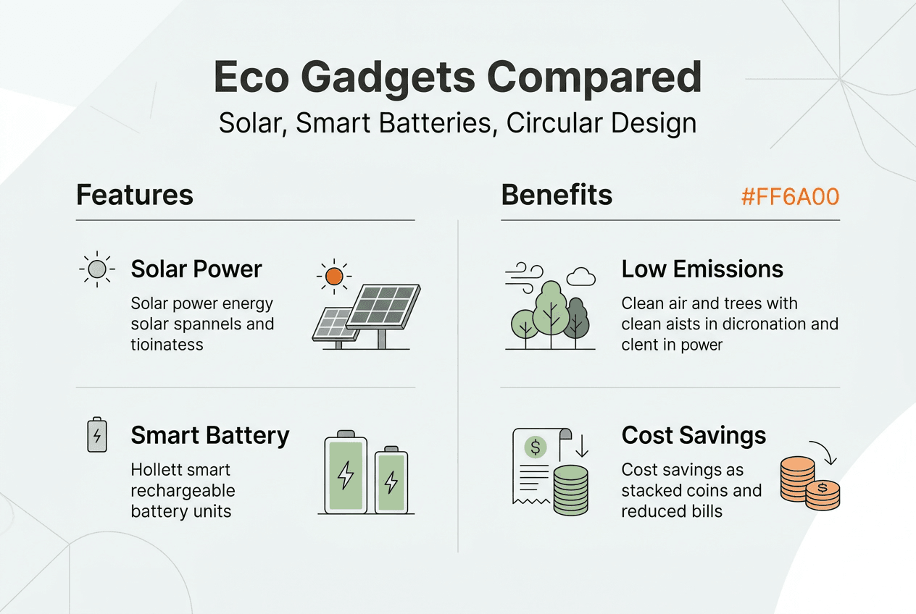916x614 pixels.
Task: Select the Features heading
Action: tap(135, 195)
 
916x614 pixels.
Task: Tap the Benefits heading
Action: tap(557, 195)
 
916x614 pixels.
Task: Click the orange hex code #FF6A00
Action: tap(790, 196)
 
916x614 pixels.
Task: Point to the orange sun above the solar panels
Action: tap(334, 276)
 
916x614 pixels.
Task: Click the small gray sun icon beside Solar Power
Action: tap(97, 269)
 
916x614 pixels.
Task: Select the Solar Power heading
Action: tap(196, 269)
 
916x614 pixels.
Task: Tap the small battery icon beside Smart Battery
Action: tap(97, 434)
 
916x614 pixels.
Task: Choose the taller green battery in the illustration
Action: tap(346, 472)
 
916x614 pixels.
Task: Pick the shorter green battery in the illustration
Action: tap(391, 481)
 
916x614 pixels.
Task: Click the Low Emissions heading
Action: tap(702, 269)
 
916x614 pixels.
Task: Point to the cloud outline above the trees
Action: tap(580, 277)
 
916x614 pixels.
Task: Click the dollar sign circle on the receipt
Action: tap(536, 447)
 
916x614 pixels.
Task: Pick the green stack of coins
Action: tap(571, 490)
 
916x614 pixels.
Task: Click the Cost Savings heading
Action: tap(694, 435)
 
